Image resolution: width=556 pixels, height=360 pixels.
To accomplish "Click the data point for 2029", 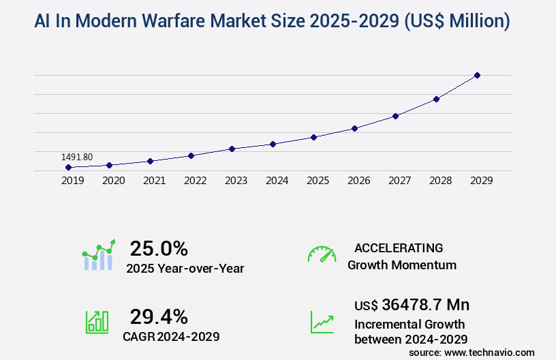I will (477, 75).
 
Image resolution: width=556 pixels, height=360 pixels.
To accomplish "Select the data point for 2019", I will (68, 167).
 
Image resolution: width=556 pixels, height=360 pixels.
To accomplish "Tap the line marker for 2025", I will (313, 137).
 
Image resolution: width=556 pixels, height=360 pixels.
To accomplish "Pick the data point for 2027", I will (395, 116).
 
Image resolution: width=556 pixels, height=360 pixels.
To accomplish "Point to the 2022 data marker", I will (191, 155).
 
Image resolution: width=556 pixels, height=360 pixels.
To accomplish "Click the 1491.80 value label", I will (77, 157).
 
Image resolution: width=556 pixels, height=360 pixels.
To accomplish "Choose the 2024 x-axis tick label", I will (277, 181).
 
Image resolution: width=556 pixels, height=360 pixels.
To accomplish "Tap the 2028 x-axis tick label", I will (440, 181).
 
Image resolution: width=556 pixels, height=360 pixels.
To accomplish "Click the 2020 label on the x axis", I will (113, 181).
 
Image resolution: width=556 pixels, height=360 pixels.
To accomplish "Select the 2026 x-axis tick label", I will (358, 181).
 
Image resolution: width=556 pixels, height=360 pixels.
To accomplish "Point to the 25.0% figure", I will (159, 248).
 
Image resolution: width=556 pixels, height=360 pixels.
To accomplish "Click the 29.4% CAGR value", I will (159, 316).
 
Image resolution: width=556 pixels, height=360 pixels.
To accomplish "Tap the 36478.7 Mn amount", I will (425, 305).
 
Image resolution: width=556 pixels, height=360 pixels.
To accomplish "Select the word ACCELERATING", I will (399, 247).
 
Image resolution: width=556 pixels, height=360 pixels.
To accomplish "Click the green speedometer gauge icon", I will (322, 254).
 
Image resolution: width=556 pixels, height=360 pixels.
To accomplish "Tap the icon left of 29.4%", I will (97, 322).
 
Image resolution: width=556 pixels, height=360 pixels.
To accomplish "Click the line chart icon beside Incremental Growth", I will (322, 322).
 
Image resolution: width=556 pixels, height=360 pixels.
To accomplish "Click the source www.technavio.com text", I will (472, 352).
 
